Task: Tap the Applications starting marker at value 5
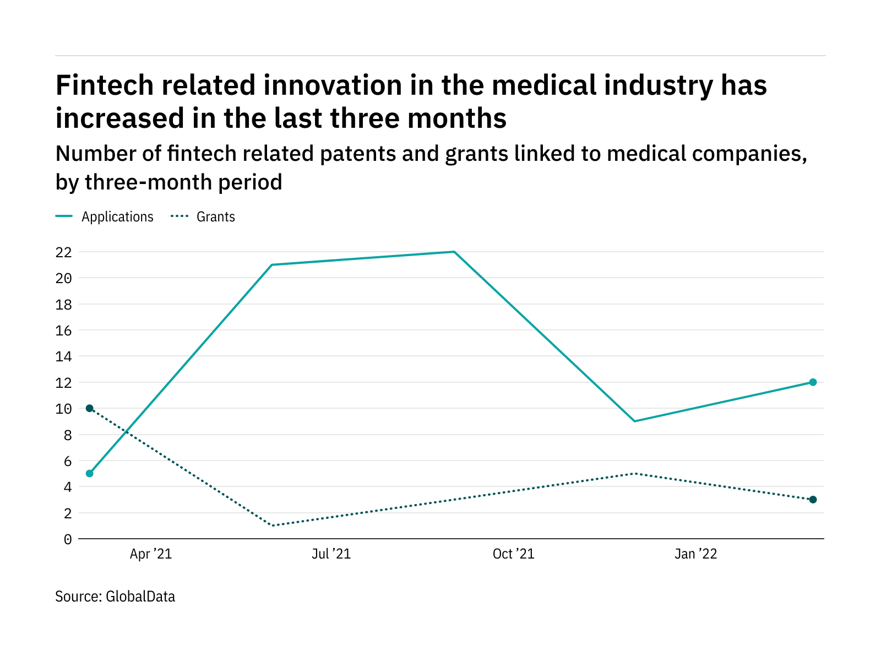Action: pos(90,473)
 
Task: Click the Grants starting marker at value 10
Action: pos(90,408)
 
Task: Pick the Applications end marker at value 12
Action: pos(813,382)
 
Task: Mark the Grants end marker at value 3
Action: pos(813,500)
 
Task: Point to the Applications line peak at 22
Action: pos(454,252)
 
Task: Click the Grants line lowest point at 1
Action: pos(273,525)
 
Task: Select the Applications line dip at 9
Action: pos(635,421)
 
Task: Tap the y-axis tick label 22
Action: pos(64,252)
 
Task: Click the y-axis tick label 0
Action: pos(68,539)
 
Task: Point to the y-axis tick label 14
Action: pos(64,356)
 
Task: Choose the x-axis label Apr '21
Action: pos(151,554)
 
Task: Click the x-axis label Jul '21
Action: pos(331,554)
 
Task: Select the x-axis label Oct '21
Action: pos(513,554)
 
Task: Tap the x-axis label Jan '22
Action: pos(695,554)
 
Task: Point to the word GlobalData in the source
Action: pos(140,597)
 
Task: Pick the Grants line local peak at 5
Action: pos(635,473)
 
